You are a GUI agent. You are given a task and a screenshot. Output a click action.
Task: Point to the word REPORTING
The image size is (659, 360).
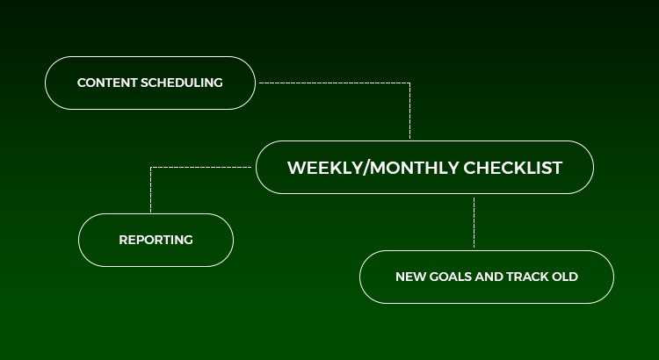point(156,240)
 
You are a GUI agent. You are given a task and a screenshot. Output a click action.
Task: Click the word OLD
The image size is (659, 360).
point(565,277)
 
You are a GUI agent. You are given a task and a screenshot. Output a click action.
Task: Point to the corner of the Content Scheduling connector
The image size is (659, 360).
point(409,83)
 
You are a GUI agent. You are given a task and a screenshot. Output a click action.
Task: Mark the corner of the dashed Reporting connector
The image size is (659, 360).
point(151,168)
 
